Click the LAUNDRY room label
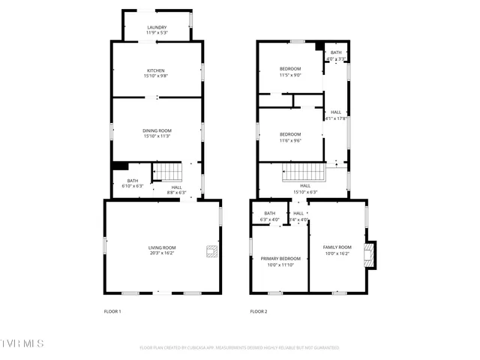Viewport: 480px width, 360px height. tap(157, 27)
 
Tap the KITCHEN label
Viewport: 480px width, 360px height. tap(155, 70)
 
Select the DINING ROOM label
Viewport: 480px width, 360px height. tap(157, 130)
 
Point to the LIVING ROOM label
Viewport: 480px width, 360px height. tap(162, 248)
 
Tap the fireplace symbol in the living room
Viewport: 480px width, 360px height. tap(212, 251)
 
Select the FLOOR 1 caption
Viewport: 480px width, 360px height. tap(112, 311)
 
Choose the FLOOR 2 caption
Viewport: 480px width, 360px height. tap(259, 311)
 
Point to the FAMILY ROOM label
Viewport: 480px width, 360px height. tap(337, 247)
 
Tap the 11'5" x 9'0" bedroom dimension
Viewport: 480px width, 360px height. tap(290, 75)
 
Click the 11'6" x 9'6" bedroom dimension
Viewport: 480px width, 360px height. tap(290, 140)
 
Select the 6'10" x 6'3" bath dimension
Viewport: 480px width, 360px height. tap(132, 185)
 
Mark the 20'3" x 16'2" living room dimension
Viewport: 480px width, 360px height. tap(162, 253)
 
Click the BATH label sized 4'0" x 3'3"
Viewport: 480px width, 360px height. tap(336, 52)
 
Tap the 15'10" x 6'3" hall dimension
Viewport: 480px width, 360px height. tap(305, 191)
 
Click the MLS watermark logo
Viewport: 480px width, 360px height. tap(22, 343)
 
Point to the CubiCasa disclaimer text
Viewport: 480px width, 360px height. tap(239, 348)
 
